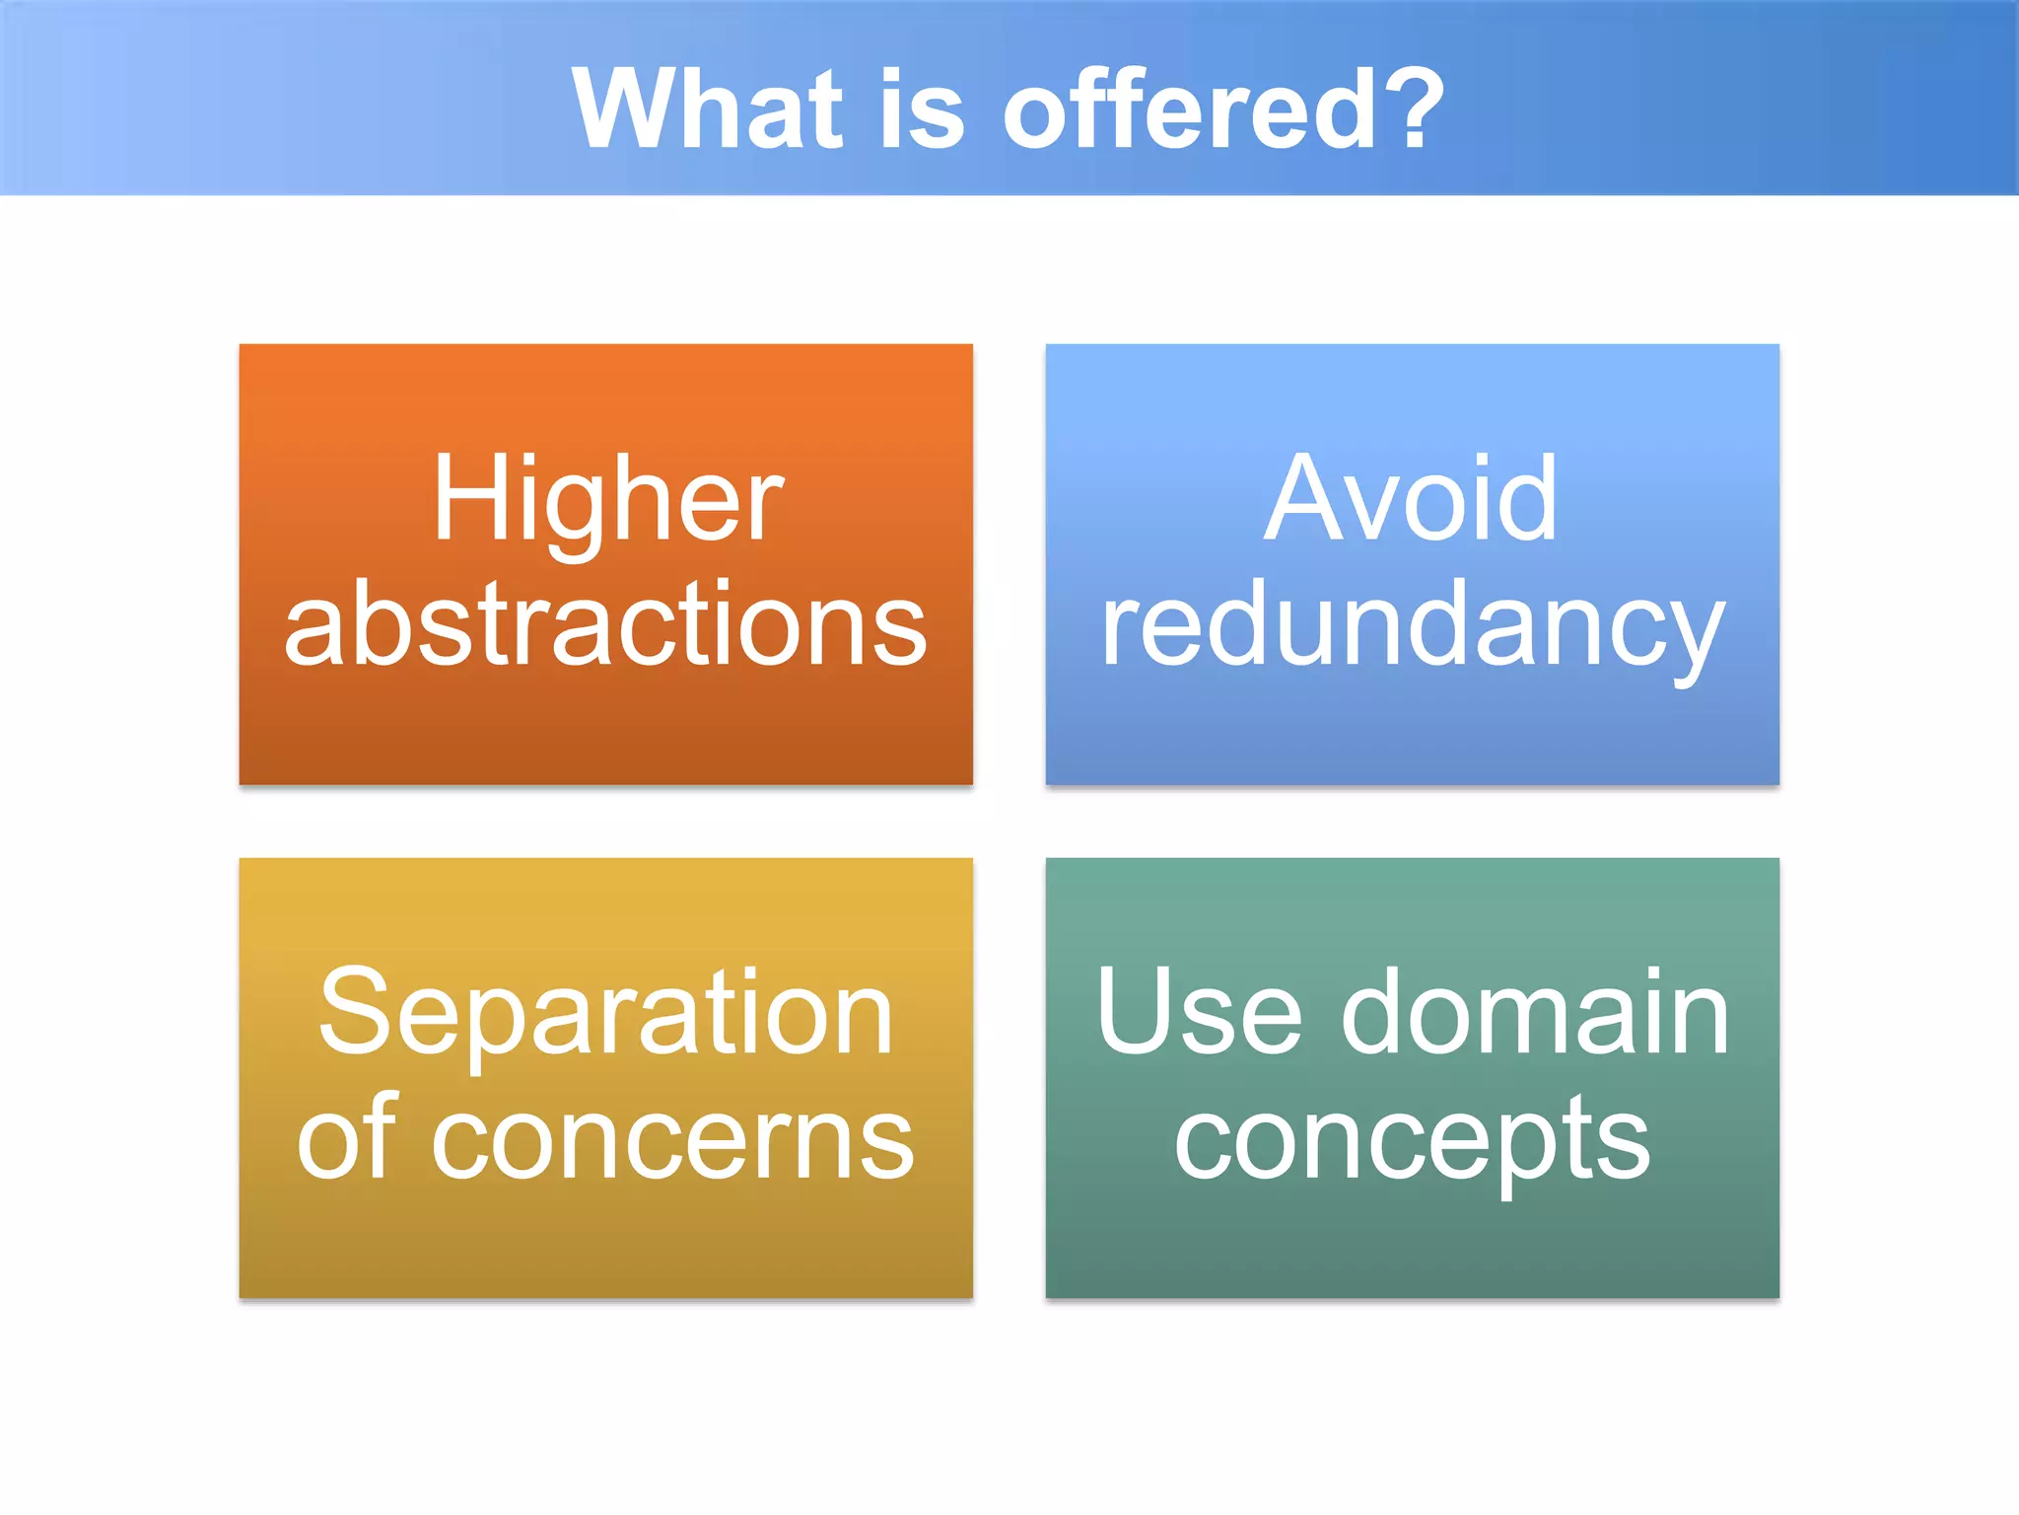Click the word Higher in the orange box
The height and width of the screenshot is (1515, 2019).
click(x=608, y=501)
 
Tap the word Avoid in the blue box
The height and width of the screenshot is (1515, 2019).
click(x=1411, y=499)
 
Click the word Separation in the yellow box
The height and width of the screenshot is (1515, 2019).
click(x=605, y=1014)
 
